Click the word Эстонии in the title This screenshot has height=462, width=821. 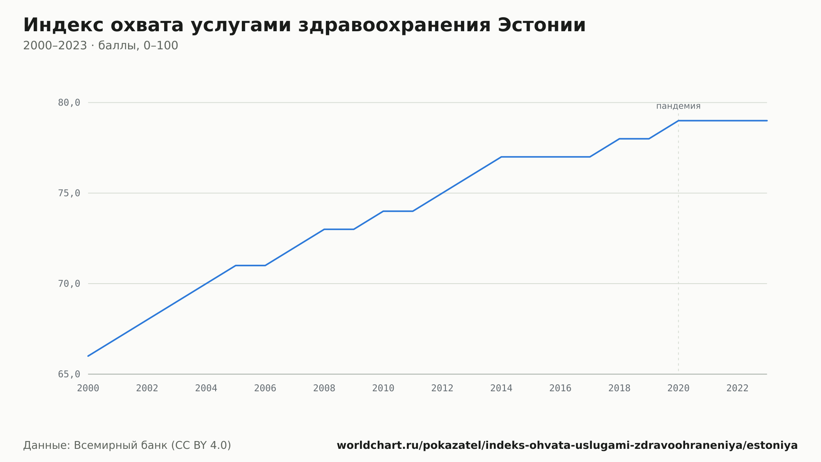[541, 25]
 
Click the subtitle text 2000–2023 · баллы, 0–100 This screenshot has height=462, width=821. [101, 46]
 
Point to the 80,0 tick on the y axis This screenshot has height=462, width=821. [69, 103]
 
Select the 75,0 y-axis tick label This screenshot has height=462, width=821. [69, 193]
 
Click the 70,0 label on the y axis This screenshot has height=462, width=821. [69, 284]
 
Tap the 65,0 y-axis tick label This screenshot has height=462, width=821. [69, 374]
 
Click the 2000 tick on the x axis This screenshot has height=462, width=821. [88, 388]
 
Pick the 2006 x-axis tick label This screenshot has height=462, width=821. [265, 388]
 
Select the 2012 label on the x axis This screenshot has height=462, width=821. [442, 388]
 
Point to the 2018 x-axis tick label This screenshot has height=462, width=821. [619, 388]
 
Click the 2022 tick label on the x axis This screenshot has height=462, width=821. [738, 388]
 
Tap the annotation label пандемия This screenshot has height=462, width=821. [678, 106]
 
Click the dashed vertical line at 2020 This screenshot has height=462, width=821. [678, 243]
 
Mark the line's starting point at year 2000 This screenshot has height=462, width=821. [88, 356]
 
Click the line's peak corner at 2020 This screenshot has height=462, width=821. [678, 121]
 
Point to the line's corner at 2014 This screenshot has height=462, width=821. [501, 157]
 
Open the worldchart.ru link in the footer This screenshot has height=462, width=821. [567, 446]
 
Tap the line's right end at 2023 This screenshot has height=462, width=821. [767, 121]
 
